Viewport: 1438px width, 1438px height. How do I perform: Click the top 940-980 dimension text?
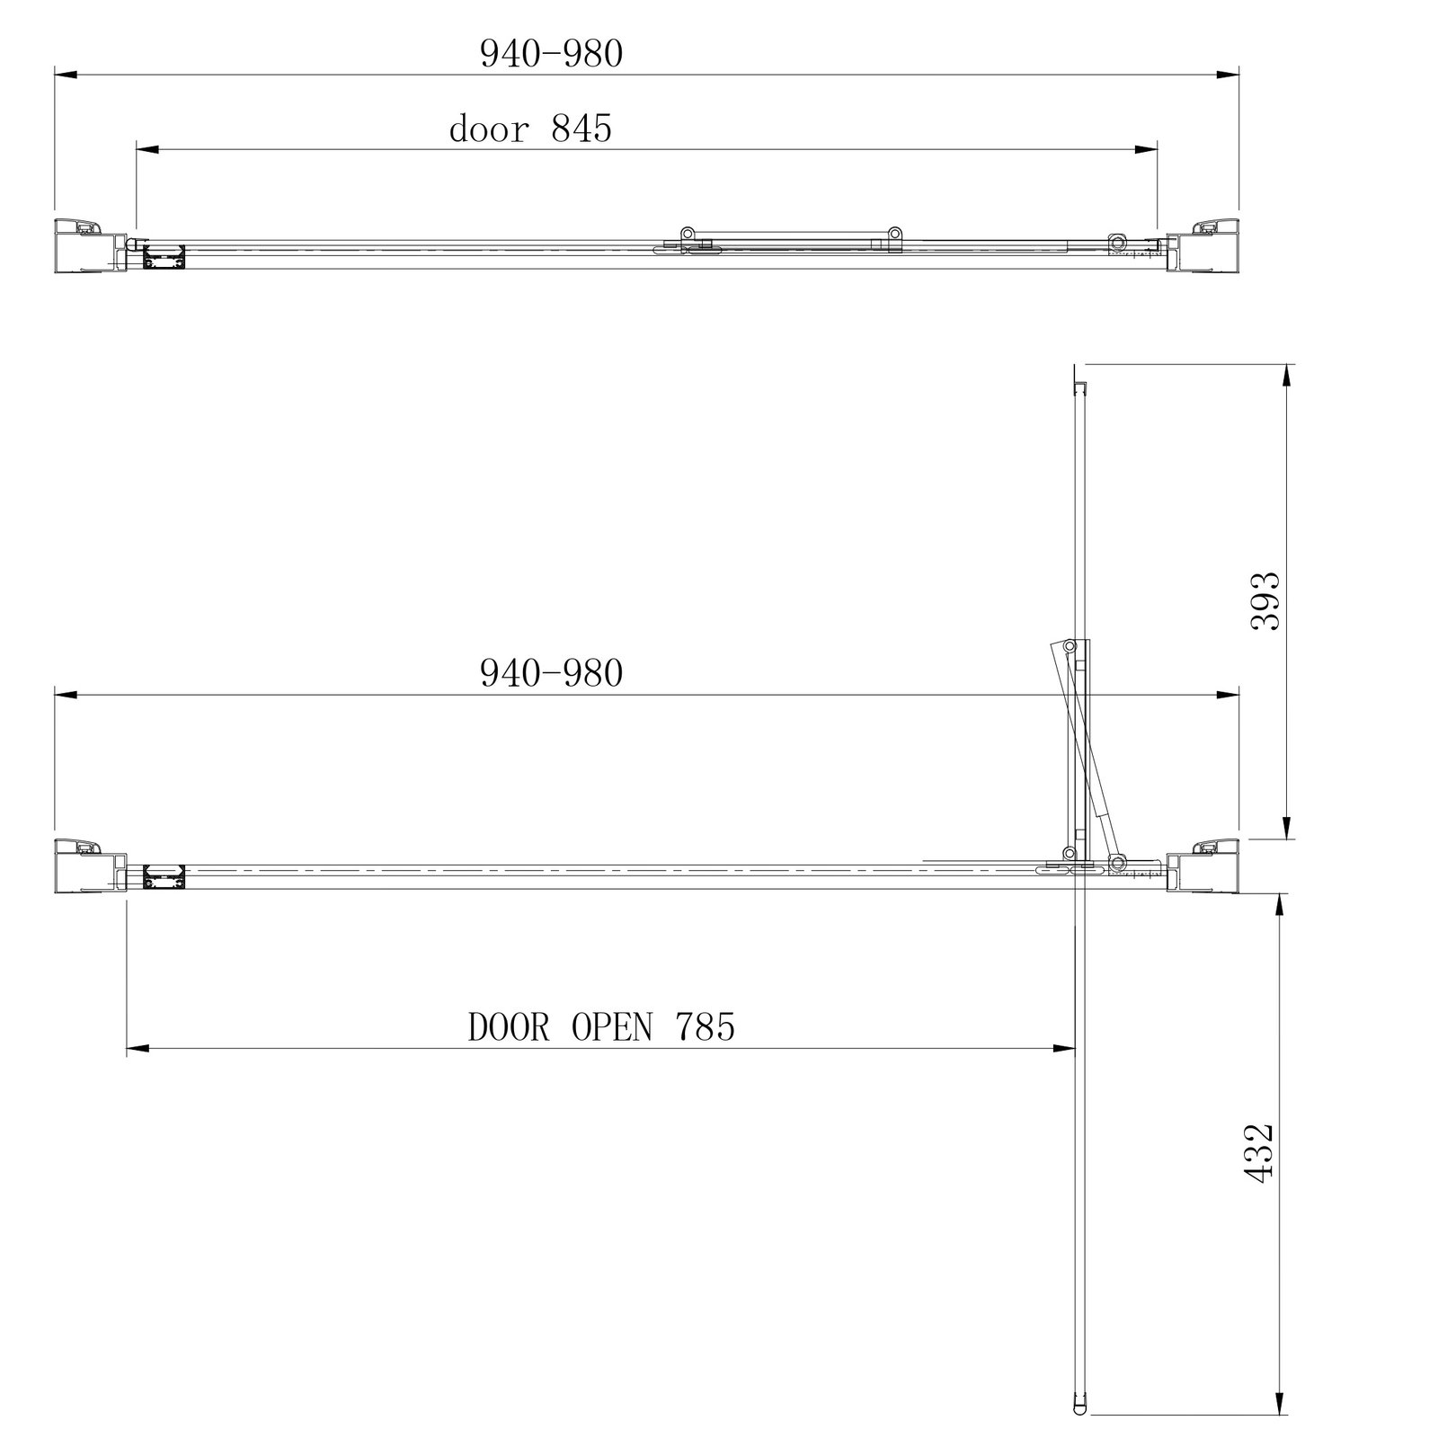(551, 55)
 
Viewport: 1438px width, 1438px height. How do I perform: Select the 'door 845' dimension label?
(530, 129)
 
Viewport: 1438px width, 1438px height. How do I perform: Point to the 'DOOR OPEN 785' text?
(601, 1026)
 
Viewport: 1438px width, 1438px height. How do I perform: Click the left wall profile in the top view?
(90, 244)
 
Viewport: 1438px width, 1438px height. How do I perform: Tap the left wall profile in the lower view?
(90, 865)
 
